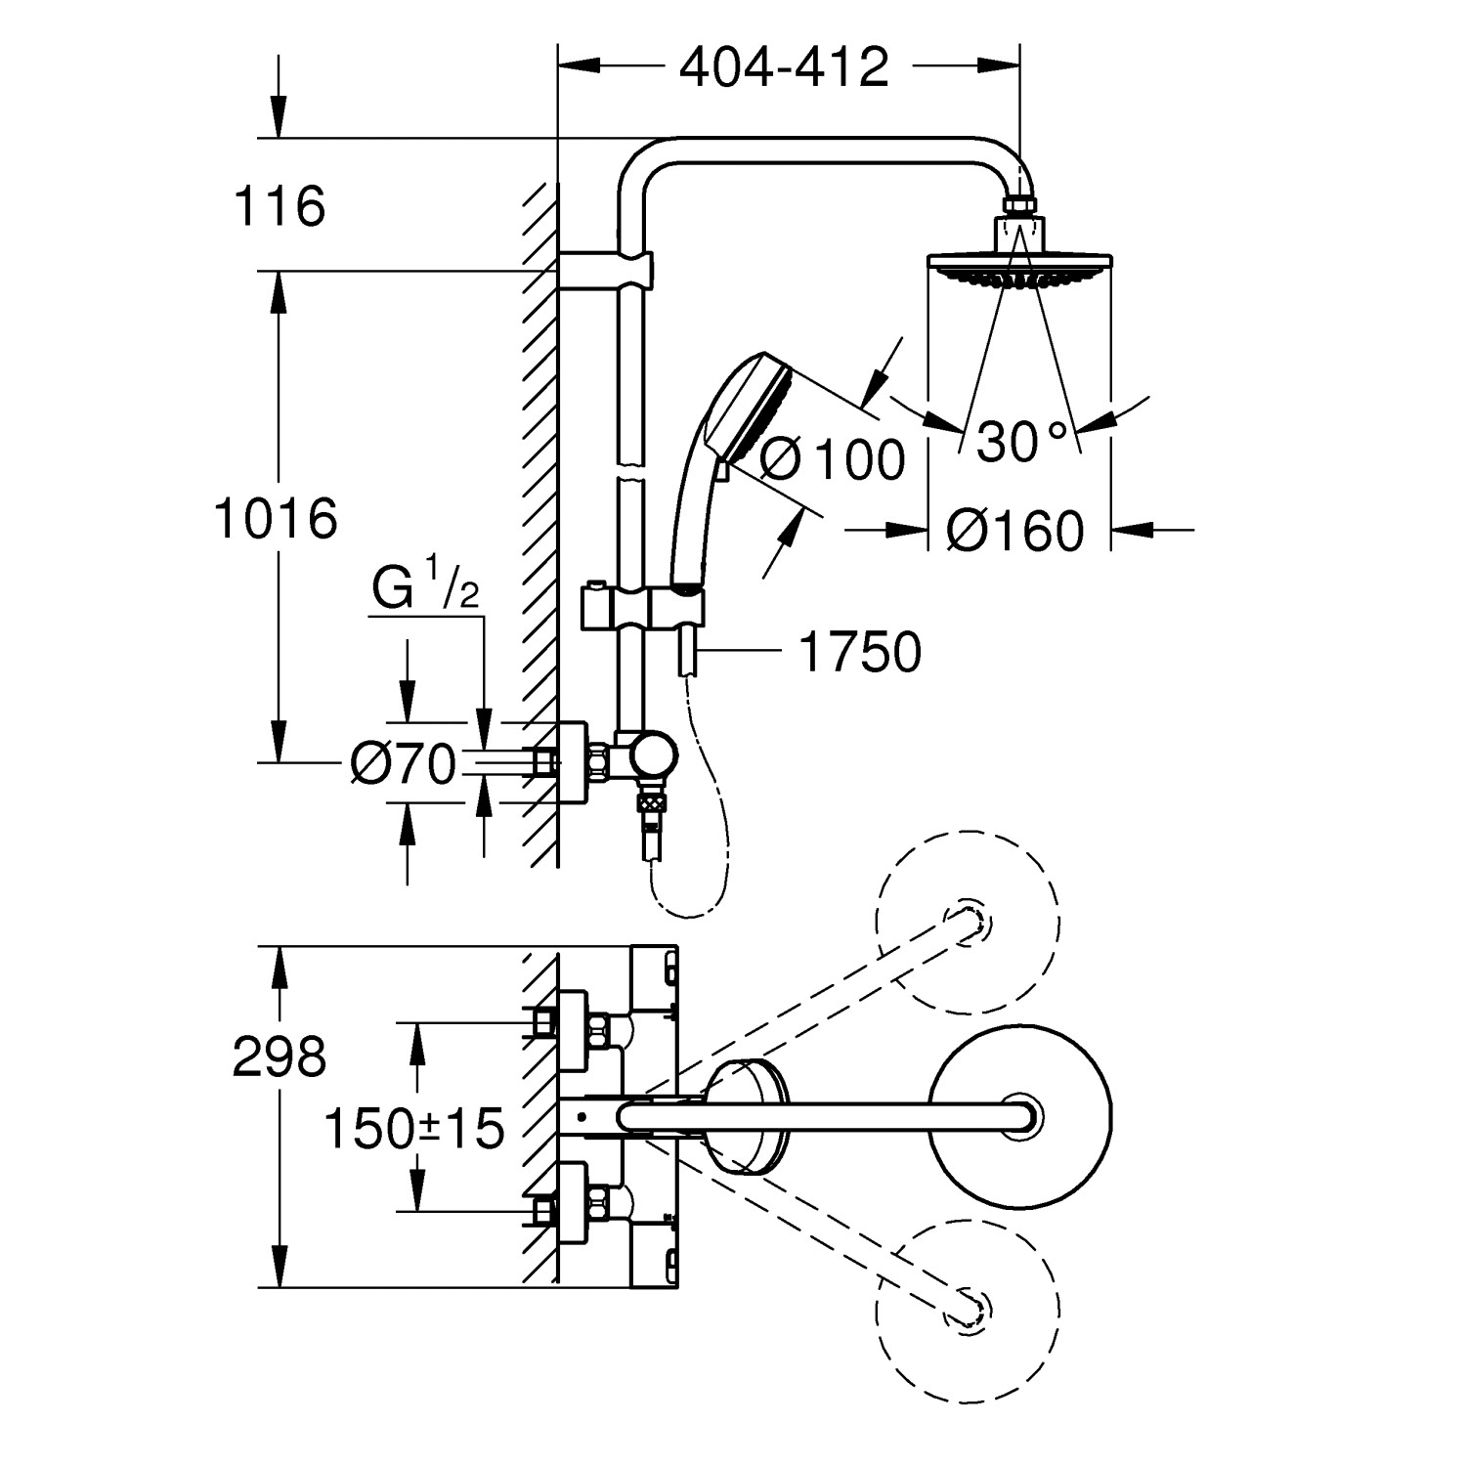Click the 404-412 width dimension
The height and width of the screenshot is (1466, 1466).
coord(784,67)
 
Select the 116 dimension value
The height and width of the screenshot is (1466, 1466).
coord(280,207)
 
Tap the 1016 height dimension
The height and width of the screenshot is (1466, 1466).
coord(277,518)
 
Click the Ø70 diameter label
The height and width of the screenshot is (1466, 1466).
coord(404,764)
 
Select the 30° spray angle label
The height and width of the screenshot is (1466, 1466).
coord(1021,442)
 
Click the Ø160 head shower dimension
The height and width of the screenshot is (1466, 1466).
coord(1015,532)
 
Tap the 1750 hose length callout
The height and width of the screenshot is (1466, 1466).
coord(860,652)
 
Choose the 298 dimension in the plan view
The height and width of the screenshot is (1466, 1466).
coord(279,1056)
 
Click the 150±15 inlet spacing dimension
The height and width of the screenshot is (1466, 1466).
coord(413,1130)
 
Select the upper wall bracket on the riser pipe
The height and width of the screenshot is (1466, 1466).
coord(606,271)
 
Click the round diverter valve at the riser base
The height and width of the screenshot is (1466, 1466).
coord(652,758)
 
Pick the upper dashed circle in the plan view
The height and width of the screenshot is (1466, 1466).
coord(967,921)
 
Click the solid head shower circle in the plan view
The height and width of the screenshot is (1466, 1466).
coord(1019,1115)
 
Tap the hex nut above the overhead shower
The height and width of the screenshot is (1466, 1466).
coord(1019,206)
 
